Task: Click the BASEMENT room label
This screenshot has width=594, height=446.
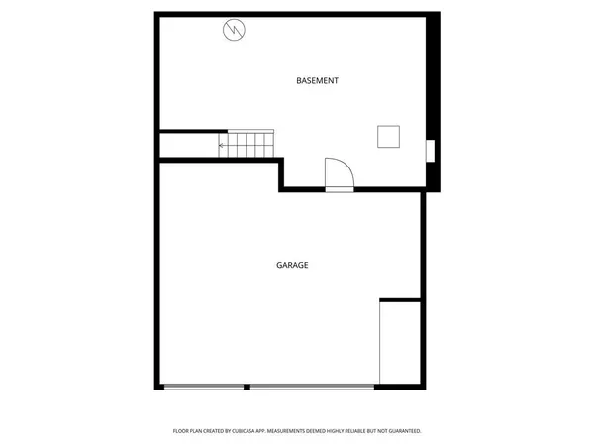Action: [x=318, y=80]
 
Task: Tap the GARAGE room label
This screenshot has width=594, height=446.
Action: [x=292, y=265]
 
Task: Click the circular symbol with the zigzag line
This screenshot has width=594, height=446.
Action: [x=234, y=31]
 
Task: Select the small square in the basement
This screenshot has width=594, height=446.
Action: [x=387, y=136]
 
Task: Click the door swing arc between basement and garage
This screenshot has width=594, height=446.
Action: [x=340, y=170]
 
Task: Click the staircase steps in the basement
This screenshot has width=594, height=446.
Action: [x=252, y=144]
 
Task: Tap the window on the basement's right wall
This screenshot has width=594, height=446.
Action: [x=429, y=152]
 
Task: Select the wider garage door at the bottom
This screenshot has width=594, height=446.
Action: [x=312, y=387]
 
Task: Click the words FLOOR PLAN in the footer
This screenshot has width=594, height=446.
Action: [x=189, y=431]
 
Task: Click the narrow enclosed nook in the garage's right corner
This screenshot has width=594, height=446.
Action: [x=401, y=343]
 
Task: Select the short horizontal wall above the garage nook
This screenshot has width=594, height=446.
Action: [x=401, y=299]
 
